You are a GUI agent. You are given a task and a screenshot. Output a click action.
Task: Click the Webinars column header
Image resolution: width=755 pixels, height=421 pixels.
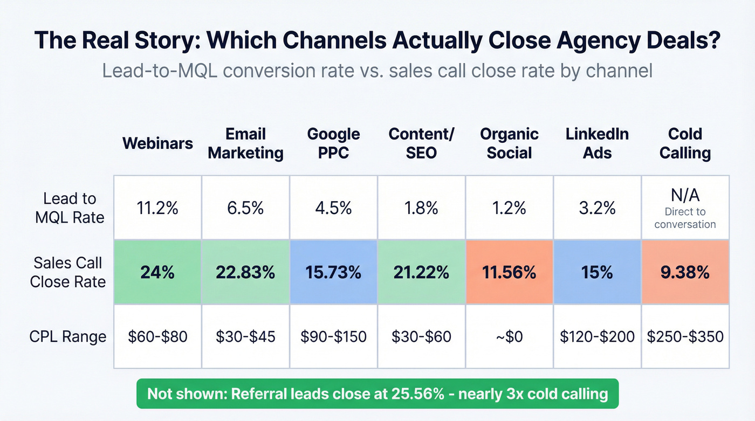coord(157,143)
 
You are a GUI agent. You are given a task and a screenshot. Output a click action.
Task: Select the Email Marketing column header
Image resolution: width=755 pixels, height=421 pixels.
coord(245,143)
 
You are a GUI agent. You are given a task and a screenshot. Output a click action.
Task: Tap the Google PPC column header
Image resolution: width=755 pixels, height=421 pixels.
coord(333,143)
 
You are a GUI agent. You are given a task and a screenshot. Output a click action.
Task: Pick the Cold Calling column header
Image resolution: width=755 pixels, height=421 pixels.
coord(685,143)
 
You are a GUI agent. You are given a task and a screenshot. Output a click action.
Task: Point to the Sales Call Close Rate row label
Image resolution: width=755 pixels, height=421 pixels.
coord(68,272)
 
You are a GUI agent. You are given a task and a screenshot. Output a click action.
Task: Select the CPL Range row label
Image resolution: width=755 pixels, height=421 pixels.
coord(68,337)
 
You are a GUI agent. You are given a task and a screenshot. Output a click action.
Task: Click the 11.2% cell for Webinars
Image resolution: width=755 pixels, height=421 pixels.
coord(157,208)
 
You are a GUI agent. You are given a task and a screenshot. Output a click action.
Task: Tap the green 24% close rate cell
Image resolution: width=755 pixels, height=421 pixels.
coord(157,273)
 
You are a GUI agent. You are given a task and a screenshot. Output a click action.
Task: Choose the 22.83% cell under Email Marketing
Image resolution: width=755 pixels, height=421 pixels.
coord(245,273)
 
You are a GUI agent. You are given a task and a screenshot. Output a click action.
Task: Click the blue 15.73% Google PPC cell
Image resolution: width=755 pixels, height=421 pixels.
coord(333,273)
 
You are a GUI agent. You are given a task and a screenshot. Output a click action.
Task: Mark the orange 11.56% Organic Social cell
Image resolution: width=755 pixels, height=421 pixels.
coord(509,273)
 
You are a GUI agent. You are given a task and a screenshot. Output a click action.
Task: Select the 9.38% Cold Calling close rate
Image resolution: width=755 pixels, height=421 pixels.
coord(685,273)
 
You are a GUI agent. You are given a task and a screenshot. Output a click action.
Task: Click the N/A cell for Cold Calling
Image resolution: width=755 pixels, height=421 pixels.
coord(685,208)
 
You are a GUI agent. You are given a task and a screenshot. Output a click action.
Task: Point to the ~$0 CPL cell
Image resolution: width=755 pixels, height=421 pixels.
coord(509,337)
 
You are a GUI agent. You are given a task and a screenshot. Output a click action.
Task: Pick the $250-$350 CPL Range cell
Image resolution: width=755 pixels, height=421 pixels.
coord(685,337)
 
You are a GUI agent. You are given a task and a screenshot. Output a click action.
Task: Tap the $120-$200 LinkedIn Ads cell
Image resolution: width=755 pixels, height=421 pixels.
coord(597,337)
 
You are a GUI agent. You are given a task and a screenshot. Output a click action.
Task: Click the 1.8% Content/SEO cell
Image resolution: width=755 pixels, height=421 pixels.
coord(421,208)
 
